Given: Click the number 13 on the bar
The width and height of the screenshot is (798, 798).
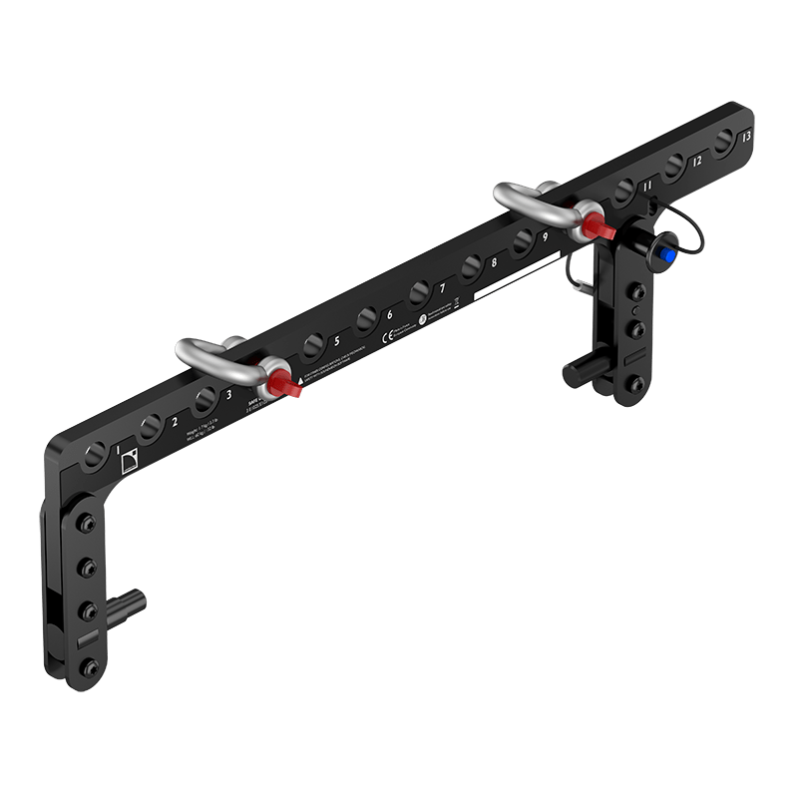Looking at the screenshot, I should pos(748,137).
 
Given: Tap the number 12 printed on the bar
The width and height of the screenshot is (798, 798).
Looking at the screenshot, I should pos(697,160).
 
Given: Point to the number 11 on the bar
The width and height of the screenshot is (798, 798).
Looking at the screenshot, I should pos(647,186).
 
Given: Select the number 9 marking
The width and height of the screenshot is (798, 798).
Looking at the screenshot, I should pos(546,236).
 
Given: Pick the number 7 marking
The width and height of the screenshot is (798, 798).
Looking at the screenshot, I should pos(442,288).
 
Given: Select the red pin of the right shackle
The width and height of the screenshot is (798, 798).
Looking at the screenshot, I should pos(600,228).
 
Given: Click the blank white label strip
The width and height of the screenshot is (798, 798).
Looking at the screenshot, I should pos(517,276).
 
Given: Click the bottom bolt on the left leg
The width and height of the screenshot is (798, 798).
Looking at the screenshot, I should pos(90,665).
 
